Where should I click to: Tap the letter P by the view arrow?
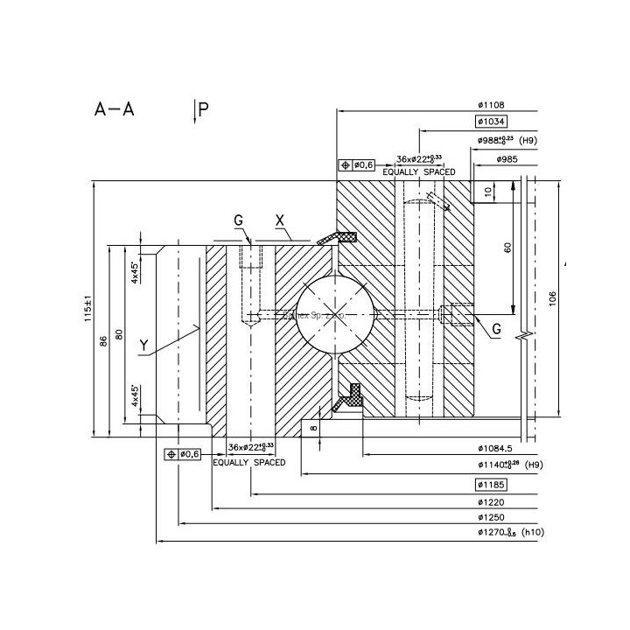[203, 109]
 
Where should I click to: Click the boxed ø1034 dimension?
[492, 122]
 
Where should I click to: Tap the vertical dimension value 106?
[552, 300]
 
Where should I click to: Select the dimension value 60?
[507, 248]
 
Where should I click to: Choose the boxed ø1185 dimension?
[492, 484]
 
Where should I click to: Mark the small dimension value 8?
[313, 427]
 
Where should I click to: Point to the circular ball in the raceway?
[333, 316]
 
